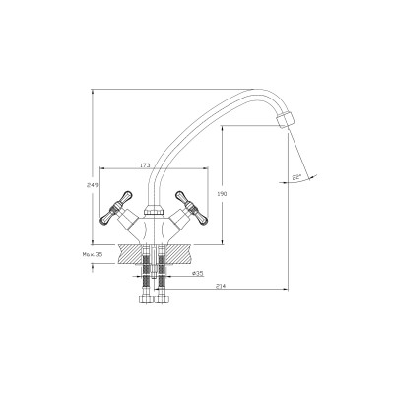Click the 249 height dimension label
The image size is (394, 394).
pyautogui.click(x=93, y=185)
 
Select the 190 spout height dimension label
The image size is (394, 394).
pyautogui.click(x=223, y=194)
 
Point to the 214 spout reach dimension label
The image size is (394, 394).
pyautogui.click(x=221, y=286)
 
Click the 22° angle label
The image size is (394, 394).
pyautogui.click(x=296, y=177)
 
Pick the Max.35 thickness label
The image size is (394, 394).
pyautogui.click(x=93, y=254)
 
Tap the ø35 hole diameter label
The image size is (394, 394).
pyautogui.click(x=197, y=273)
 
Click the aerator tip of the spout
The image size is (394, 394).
pyautogui.click(x=285, y=120)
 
